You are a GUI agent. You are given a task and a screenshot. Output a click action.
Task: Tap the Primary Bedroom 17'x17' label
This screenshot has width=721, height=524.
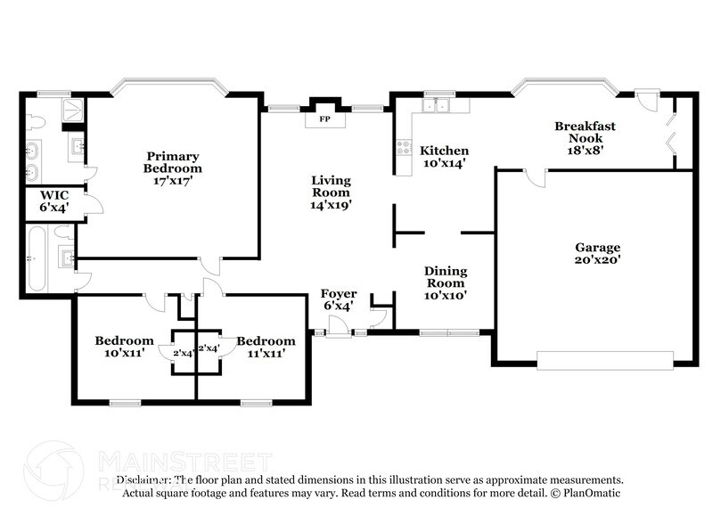[174, 162]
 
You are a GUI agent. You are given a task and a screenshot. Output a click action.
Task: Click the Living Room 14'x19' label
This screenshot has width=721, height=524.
[331, 192]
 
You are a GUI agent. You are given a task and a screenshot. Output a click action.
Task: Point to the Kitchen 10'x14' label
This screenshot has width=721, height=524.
[444, 157]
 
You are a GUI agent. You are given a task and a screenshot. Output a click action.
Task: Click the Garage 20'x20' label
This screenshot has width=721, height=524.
[597, 253]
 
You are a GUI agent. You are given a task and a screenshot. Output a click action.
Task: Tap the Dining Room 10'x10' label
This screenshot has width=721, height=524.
[445, 282]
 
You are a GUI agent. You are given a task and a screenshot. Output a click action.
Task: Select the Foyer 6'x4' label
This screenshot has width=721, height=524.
[339, 299]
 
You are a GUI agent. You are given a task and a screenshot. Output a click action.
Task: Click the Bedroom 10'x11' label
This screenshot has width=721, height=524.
[124, 347]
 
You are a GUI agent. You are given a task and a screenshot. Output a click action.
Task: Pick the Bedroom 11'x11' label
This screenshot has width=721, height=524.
[266, 347]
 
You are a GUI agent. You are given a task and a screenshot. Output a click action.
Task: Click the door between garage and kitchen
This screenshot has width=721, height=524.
[534, 177]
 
